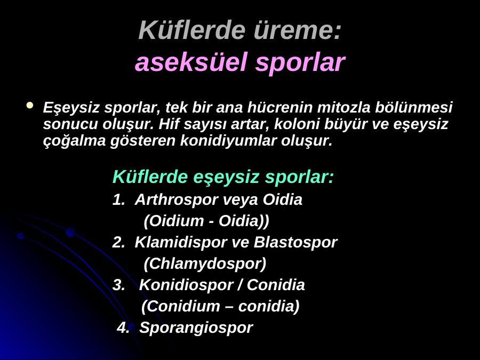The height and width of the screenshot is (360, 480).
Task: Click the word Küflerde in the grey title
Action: point(192,30)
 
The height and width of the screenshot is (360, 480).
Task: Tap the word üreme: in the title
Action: point(297,30)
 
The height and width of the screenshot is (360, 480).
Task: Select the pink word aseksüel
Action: point(191,62)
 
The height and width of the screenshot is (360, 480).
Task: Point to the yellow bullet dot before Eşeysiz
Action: point(29,105)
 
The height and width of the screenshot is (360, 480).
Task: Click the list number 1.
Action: point(118,200)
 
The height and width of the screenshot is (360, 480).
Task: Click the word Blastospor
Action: point(295,243)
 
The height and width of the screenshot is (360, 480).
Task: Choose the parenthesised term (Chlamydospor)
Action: point(205,263)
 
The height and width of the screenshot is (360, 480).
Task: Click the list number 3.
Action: point(118,285)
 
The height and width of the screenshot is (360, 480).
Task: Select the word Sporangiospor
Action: point(196,328)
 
